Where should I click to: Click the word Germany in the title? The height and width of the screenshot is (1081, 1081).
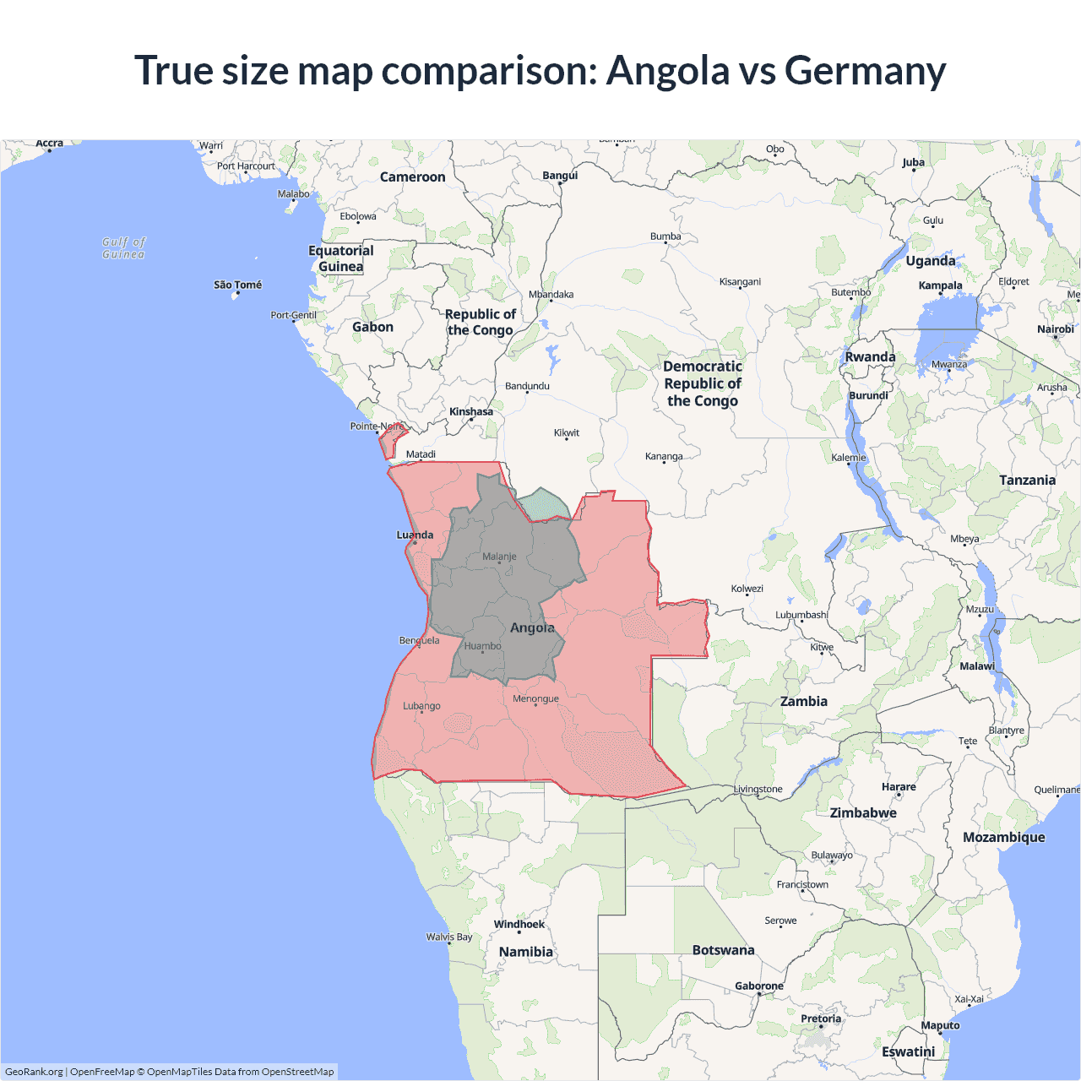(865, 70)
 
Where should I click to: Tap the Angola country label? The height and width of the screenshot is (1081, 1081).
(532, 627)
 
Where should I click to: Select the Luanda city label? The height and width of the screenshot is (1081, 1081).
(415, 535)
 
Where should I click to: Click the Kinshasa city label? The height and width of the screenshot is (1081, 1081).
(471, 412)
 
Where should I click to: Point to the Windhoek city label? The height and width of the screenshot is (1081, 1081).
(519, 924)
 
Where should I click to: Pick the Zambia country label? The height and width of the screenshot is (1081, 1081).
(803, 701)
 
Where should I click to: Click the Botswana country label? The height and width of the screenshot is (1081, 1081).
(723, 950)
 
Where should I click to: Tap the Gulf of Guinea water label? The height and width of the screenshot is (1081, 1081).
(123, 247)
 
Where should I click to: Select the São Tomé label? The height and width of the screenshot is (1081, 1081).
(237, 285)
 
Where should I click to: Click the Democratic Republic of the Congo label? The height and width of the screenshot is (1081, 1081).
(703, 383)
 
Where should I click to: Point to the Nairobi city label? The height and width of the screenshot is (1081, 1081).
(1055, 329)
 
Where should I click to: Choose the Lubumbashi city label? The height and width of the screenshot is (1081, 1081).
(801, 615)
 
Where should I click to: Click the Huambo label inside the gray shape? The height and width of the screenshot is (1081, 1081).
(482, 646)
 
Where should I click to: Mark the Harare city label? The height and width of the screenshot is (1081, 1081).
(898, 786)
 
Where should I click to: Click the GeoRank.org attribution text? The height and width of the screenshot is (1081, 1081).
(34, 1072)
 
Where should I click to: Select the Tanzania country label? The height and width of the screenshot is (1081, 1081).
(1027, 480)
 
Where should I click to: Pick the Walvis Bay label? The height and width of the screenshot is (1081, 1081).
(449, 937)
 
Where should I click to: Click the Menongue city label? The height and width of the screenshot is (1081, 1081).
(535, 698)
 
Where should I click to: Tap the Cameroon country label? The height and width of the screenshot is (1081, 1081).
(412, 177)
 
